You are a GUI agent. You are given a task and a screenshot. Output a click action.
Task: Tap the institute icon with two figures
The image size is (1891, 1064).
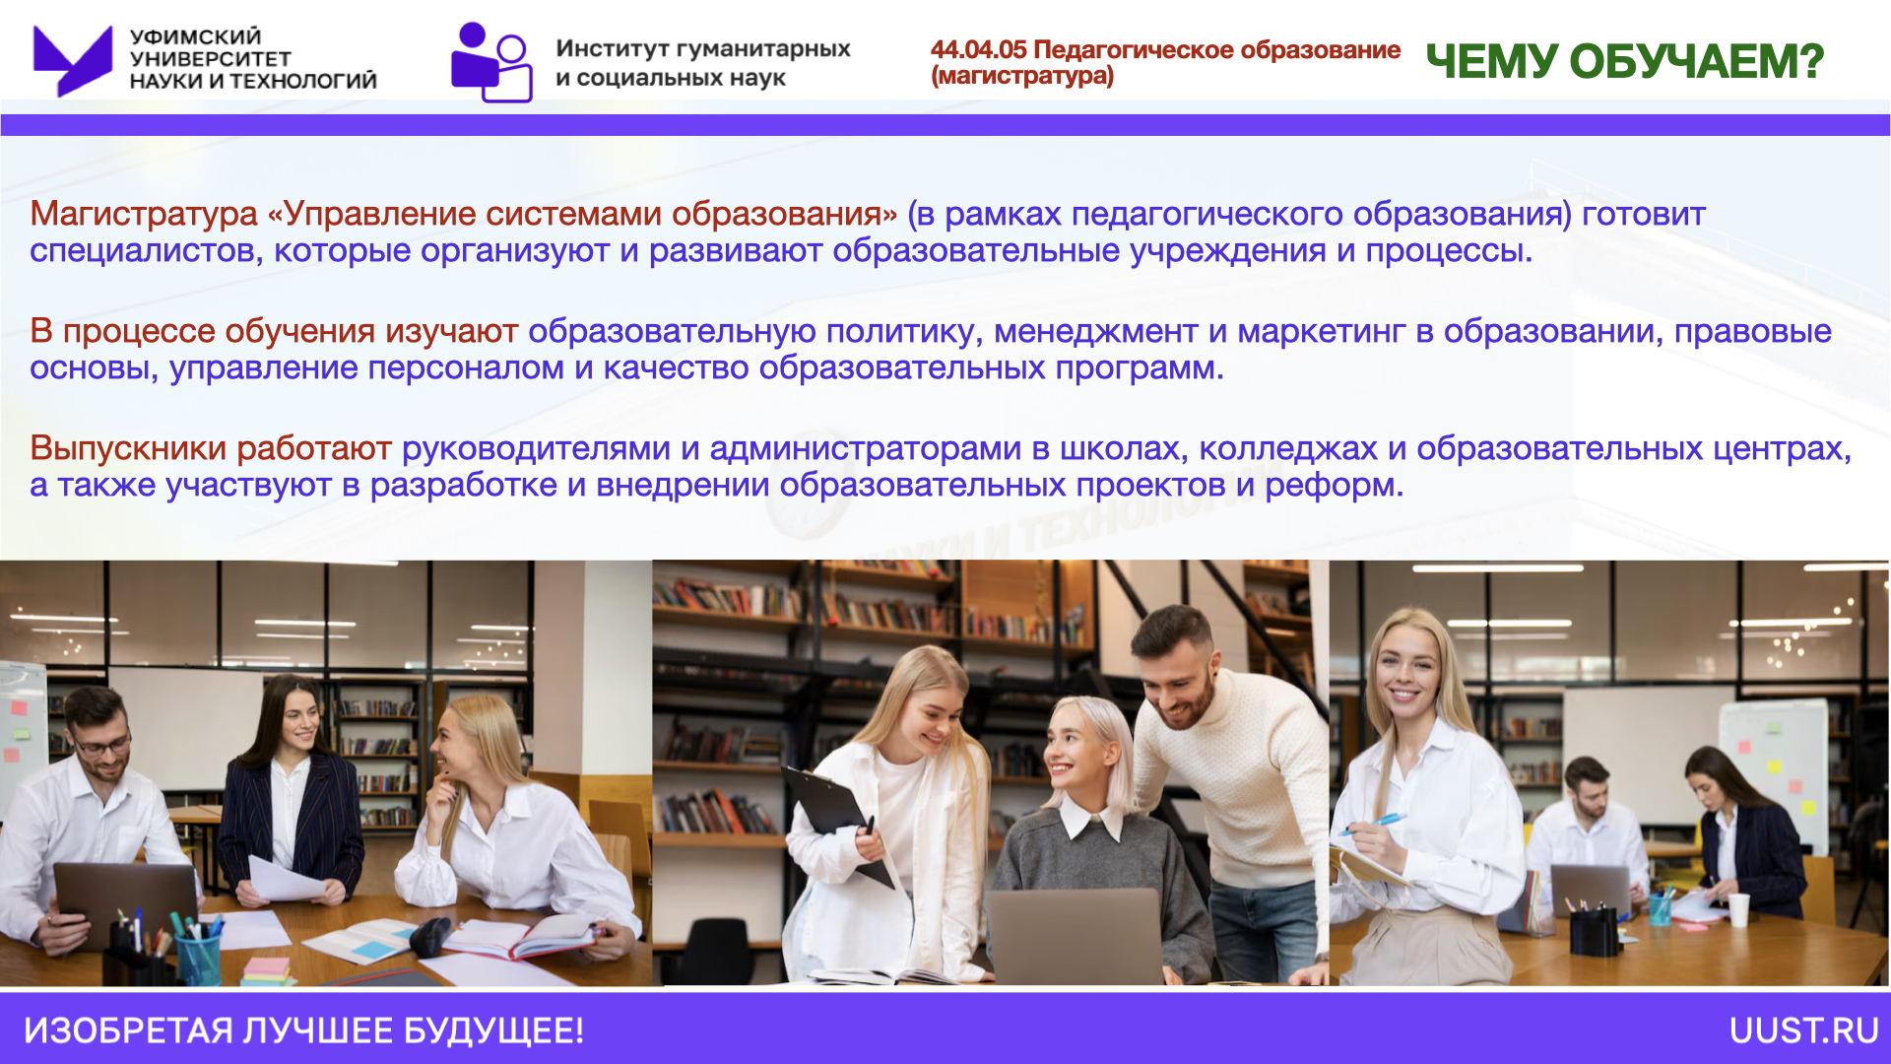491,62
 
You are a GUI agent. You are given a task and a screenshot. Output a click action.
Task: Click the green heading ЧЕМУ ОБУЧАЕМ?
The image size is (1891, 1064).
1625,61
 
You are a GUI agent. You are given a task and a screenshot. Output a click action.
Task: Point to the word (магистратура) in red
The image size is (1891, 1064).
1022,76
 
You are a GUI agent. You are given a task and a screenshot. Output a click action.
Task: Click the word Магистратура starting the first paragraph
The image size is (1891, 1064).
144,214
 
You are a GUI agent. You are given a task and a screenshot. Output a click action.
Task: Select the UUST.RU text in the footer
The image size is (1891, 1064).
1804,1031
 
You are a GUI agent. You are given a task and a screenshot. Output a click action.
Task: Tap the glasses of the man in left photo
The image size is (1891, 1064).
101,744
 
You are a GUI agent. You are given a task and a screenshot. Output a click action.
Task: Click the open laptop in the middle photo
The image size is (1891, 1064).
1075,936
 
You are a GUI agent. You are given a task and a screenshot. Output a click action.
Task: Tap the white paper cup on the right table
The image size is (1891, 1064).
1739,909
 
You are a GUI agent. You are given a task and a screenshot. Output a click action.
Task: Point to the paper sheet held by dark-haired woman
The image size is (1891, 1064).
286,879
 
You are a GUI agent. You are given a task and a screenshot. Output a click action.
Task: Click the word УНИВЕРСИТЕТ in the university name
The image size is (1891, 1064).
210,58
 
